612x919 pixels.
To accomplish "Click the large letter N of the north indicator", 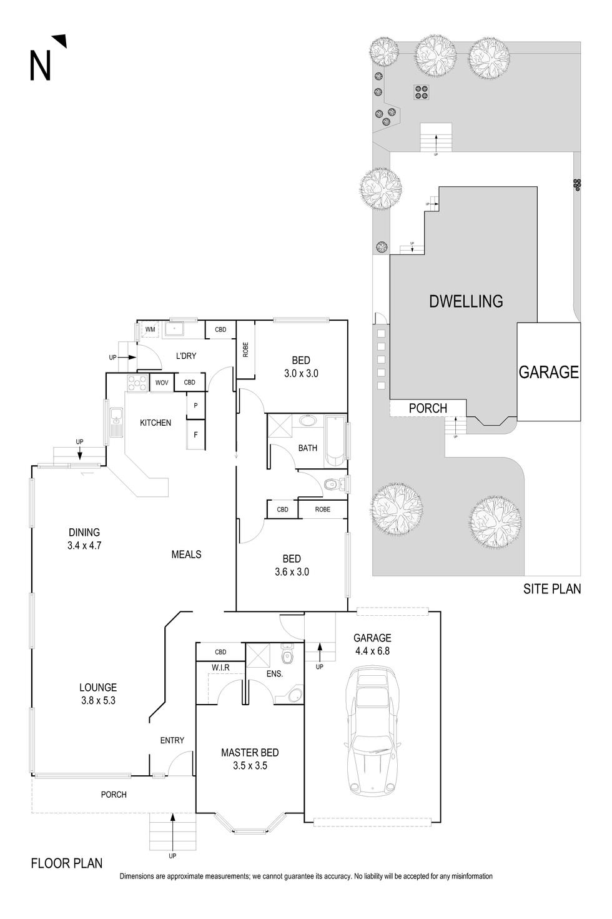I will tap(41, 66).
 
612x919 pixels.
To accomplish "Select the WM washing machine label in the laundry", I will tap(150, 329).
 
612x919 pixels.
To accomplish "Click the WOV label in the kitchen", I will tap(162, 383).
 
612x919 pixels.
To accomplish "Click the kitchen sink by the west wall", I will tap(116, 422).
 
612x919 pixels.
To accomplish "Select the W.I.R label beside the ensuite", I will tap(220, 668).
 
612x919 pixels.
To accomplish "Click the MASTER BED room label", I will tap(250, 753).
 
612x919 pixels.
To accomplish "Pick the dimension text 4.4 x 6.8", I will tap(372, 650).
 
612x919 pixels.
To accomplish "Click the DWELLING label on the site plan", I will tap(466, 301).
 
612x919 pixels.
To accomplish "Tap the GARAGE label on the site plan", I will tap(549, 372).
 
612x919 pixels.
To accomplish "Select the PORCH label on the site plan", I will tap(428, 408).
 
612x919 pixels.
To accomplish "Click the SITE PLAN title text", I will tap(552, 589).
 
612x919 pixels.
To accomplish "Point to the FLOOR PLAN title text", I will tap(67, 863).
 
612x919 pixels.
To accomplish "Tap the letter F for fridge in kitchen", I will tap(195, 434).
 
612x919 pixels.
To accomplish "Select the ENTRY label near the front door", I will tap(172, 740).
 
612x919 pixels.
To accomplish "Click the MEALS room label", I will tap(186, 554).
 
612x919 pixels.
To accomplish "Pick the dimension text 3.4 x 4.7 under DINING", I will tap(84, 545).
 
